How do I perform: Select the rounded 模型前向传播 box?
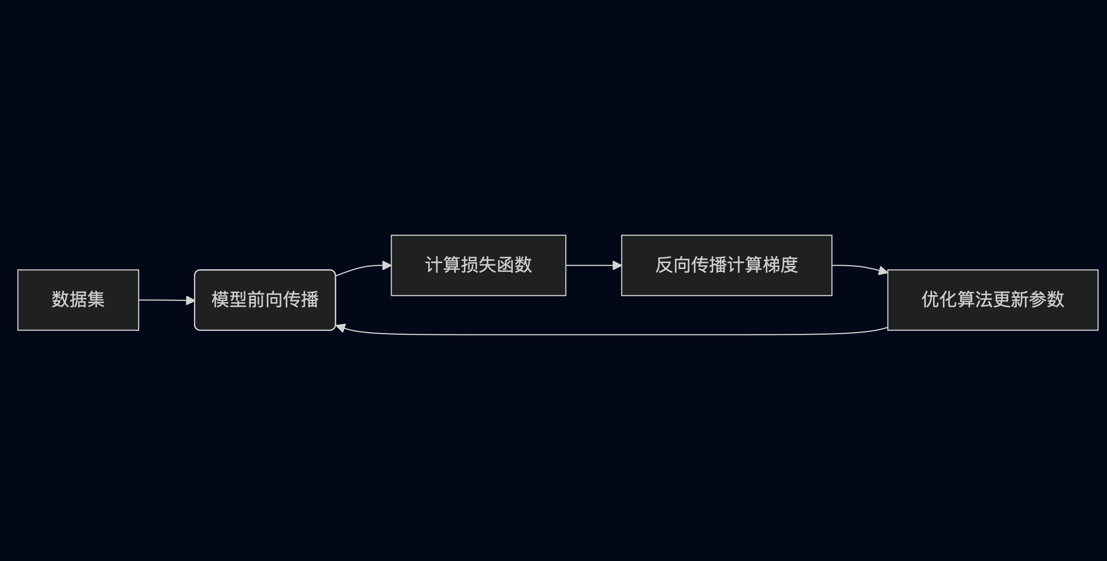265,318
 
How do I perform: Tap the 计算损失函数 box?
478,281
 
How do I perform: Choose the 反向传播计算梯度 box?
726,281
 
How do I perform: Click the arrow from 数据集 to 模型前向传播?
163,300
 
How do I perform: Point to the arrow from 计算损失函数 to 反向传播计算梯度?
591,266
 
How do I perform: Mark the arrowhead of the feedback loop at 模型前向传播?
341,328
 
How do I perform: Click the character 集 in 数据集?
96,299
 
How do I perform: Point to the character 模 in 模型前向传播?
220,299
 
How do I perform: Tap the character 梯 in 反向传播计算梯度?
771,265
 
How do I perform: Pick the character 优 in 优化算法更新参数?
931,299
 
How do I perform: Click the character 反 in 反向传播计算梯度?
664,265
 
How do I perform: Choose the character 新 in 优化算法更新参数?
1019,299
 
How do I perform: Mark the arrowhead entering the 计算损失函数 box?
386,266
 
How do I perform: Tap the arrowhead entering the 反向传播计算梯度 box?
617,266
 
